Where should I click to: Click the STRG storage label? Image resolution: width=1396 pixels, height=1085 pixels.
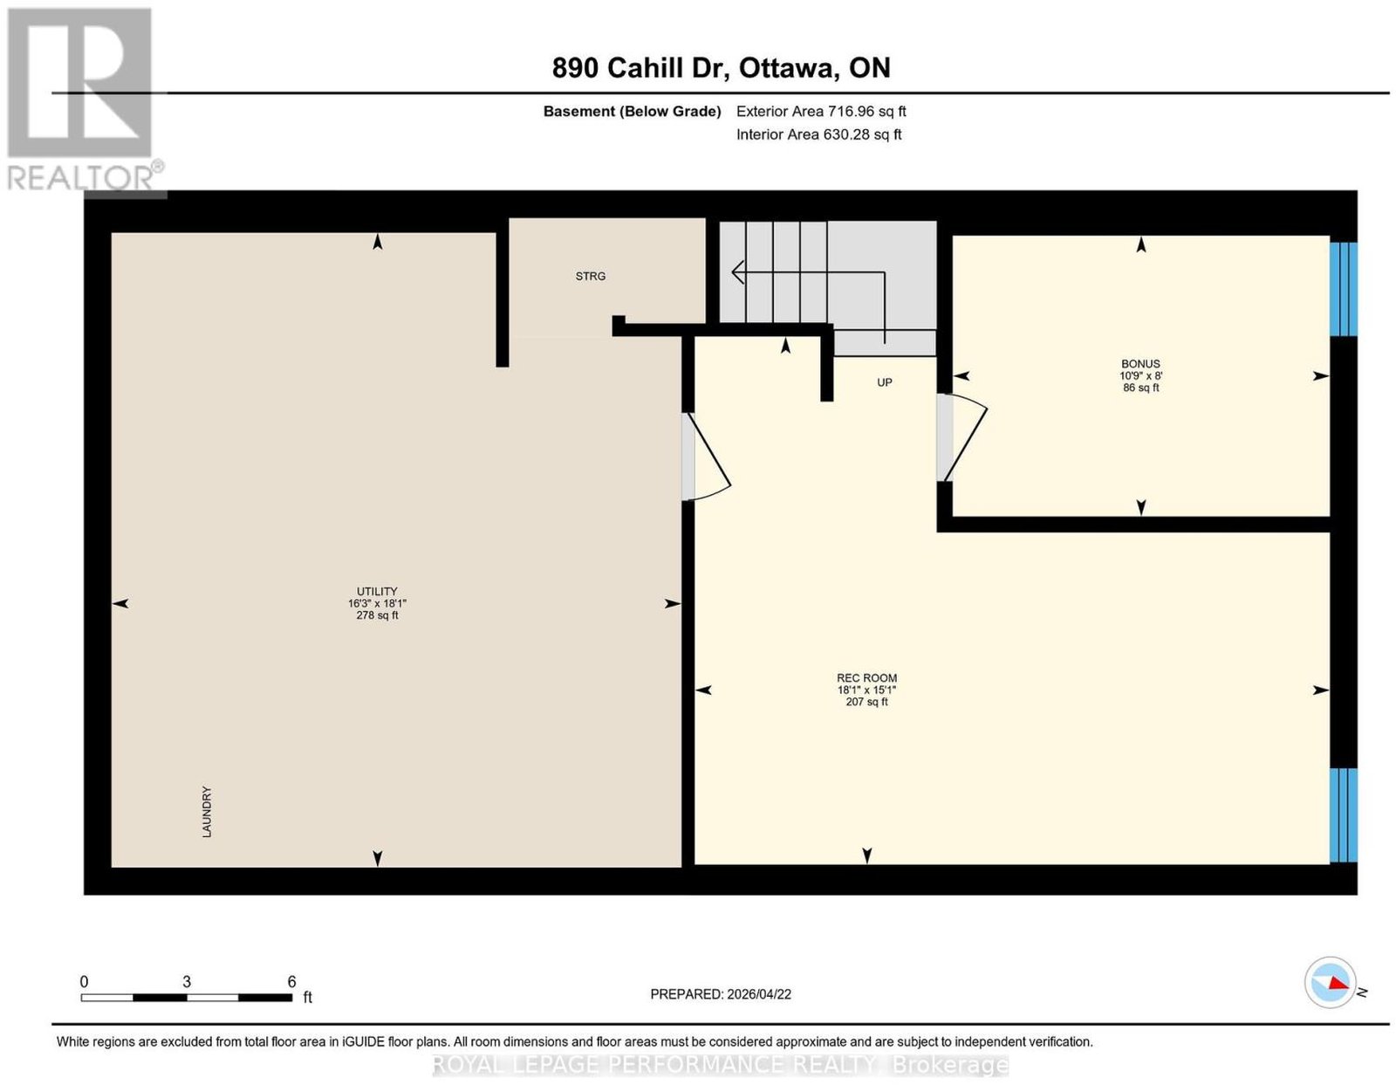click(590, 276)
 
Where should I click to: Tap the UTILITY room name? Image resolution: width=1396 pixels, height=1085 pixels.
click(377, 591)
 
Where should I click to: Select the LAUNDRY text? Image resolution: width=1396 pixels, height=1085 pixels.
click(207, 811)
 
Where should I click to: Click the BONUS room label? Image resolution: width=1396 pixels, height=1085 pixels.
click(1140, 364)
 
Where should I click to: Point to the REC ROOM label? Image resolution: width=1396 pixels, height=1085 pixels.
click(866, 677)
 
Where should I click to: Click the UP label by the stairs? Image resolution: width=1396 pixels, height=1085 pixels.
click(885, 382)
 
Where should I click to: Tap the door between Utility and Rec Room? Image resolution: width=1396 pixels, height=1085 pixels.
click(705, 457)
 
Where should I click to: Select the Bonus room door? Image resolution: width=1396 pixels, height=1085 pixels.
click(961, 437)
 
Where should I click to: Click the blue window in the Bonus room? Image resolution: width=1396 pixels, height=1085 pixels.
click(1343, 289)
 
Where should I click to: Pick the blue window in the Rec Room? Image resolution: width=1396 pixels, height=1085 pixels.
click(1343, 815)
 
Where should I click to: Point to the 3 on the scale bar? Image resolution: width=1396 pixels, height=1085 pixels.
click(187, 982)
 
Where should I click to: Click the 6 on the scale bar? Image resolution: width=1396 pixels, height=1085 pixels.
click(291, 982)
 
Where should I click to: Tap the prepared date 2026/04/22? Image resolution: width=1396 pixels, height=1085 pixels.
click(759, 994)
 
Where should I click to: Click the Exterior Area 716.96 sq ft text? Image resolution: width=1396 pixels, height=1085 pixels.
click(821, 111)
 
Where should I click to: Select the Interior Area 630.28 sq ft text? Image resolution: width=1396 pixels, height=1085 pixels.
click(819, 134)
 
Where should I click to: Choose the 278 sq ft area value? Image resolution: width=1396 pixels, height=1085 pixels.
click(377, 615)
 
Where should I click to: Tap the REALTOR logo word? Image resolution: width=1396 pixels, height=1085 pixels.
click(80, 179)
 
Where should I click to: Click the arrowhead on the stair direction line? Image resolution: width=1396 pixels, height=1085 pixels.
click(737, 272)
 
